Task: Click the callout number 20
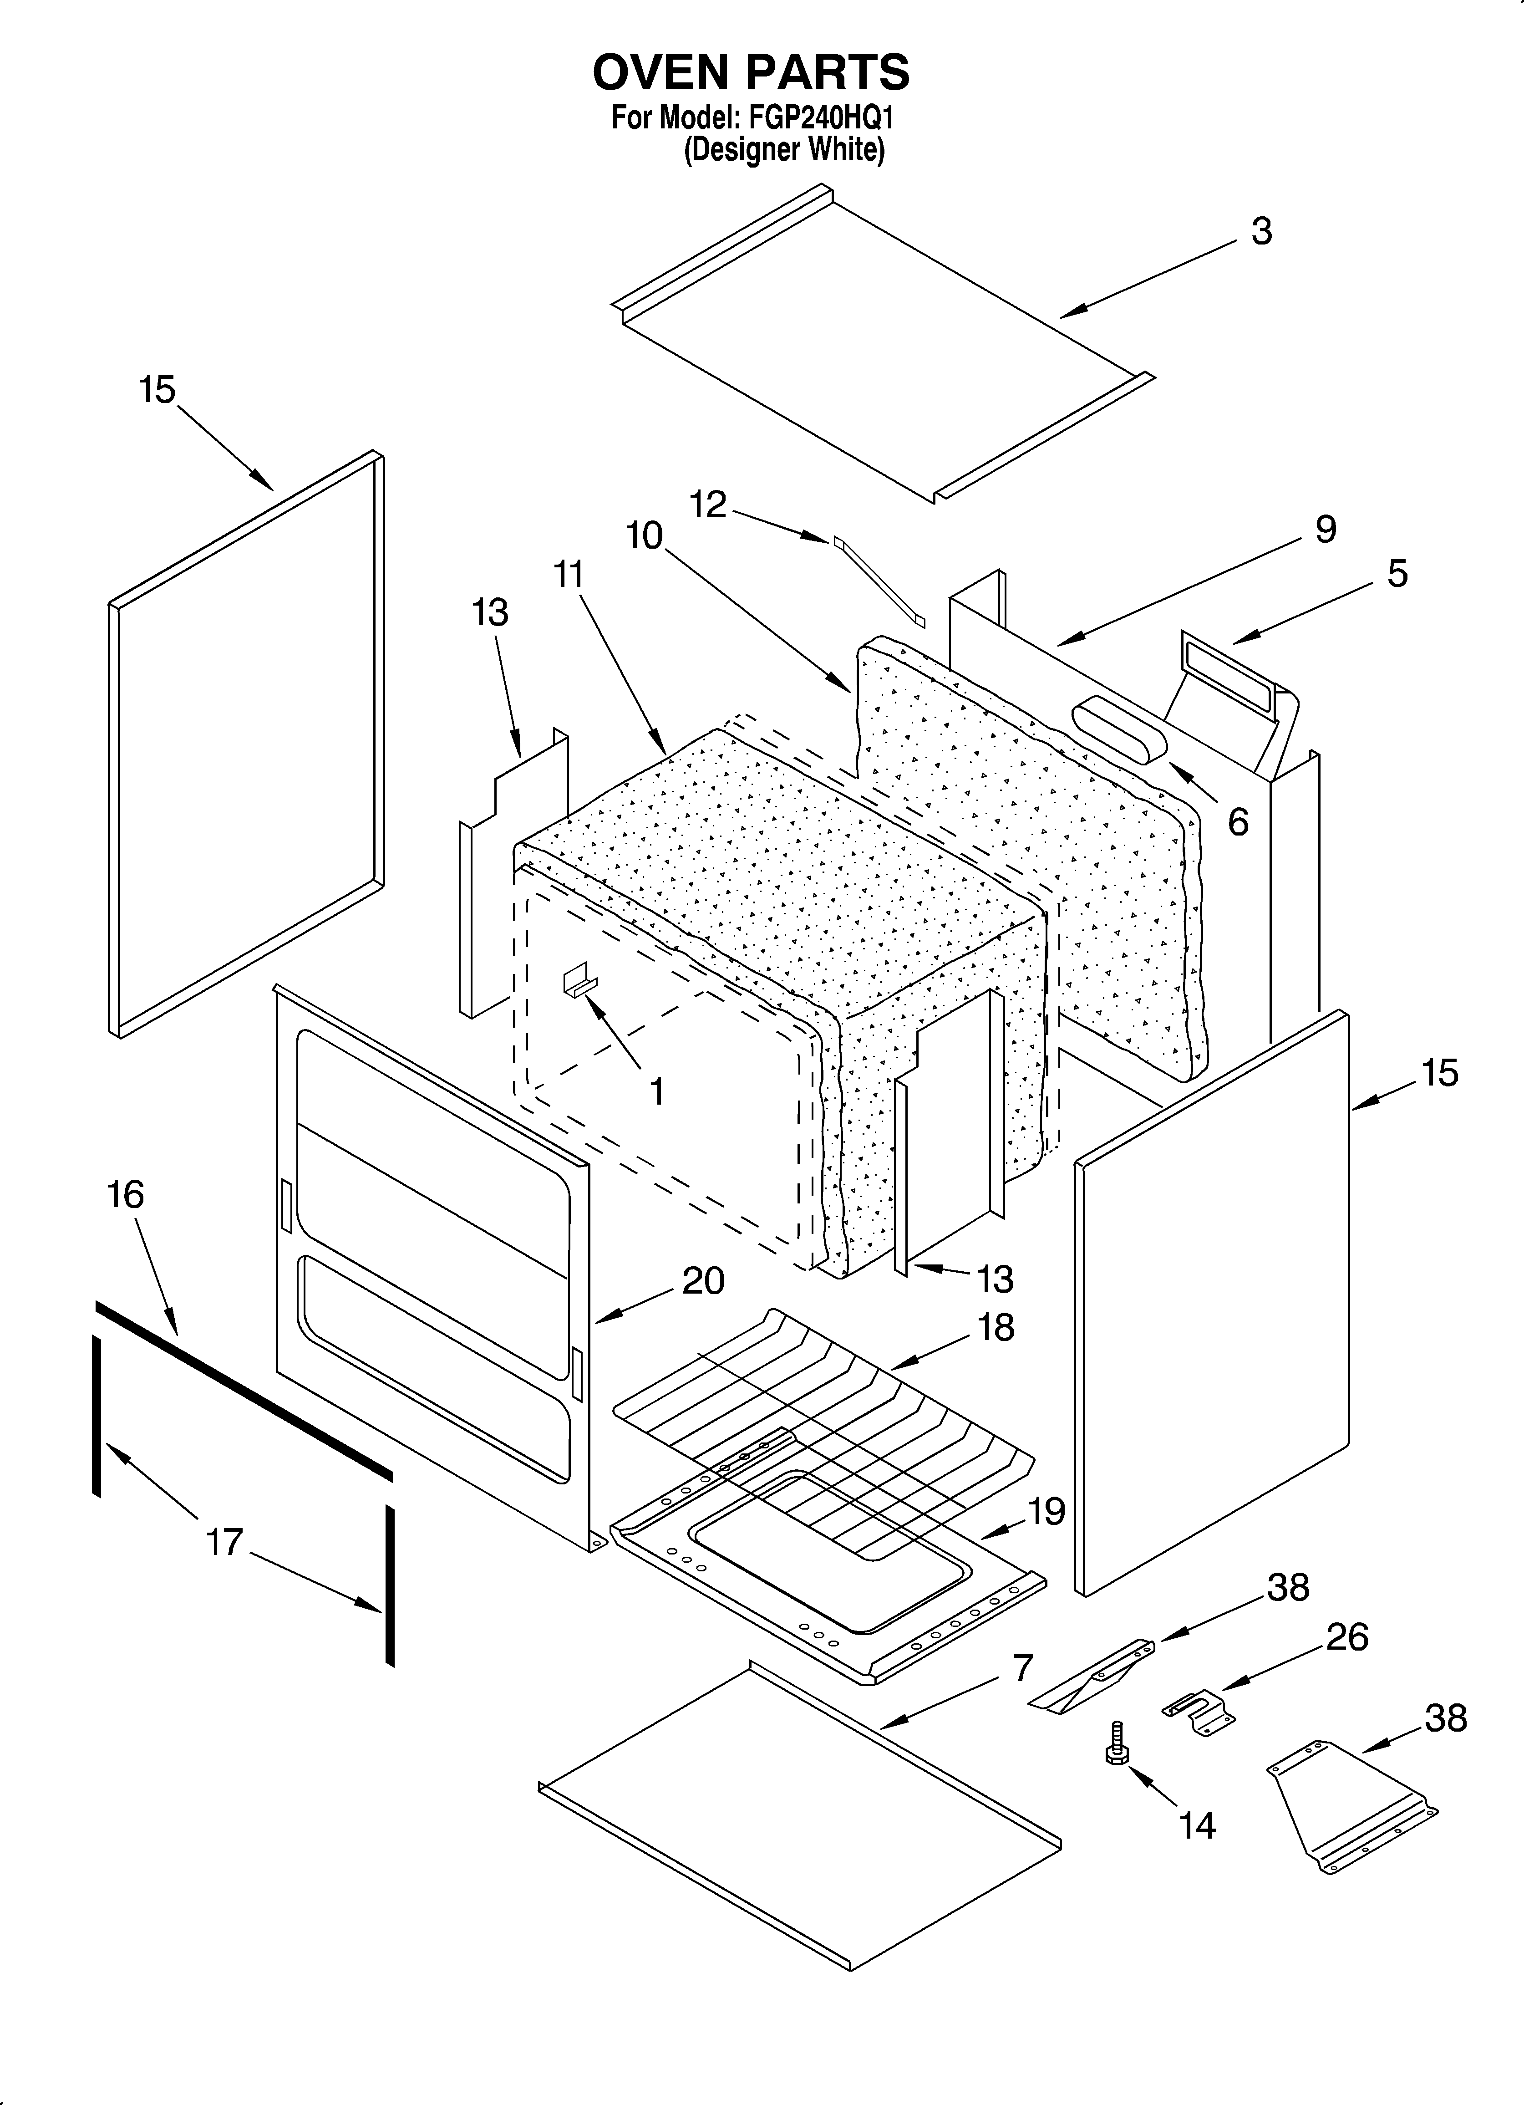(x=703, y=1281)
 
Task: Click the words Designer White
(x=784, y=149)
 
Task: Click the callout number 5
(x=1397, y=574)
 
